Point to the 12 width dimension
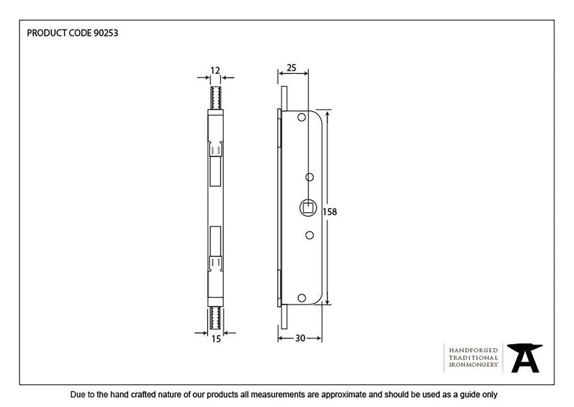point(216,70)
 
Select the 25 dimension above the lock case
point(292,68)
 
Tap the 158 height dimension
point(330,212)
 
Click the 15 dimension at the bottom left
point(216,339)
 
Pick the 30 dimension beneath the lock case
point(300,338)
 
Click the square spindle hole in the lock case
point(307,207)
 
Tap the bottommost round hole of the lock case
point(301,297)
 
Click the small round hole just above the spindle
point(310,177)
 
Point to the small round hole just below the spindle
point(310,235)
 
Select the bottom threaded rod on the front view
point(216,318)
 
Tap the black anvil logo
point(525,358)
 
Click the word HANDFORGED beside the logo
point(473,350)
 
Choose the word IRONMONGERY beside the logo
point(473,365)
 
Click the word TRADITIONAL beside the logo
point(473,358)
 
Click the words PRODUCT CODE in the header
point(57,33)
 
